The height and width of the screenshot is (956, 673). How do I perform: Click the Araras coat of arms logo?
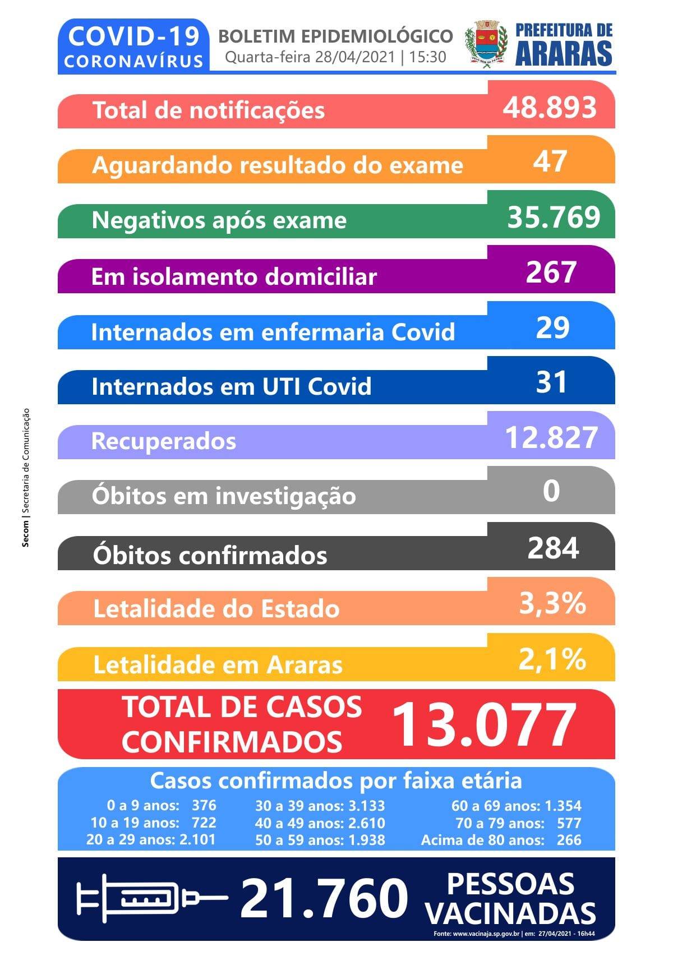tap(486, 45)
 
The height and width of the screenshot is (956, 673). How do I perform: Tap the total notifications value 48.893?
tap(550, 107)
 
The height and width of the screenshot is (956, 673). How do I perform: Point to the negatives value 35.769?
tap(554, 217)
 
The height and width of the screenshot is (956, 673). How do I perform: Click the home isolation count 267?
tap(551, 272)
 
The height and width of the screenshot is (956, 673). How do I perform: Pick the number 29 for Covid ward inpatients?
tap(552, 327)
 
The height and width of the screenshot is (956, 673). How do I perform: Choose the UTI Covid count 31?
tap(551, 382)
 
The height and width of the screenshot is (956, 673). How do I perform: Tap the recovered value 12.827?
tap(551, 437)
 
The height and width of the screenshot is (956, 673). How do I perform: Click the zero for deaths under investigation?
tap(551, 491)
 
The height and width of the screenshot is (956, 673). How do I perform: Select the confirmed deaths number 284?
tap(553, 548)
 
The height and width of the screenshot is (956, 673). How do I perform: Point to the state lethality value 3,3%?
tap(552, 603)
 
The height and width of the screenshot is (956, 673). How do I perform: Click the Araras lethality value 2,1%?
tap(552, 659)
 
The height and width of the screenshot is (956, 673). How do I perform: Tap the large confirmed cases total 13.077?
tap(484, 725)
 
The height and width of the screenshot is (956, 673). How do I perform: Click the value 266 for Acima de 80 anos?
tap(569, 840)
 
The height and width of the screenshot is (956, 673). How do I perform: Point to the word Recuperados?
tap(164, 441)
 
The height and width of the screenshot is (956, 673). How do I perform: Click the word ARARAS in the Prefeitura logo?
tap(564, 54)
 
